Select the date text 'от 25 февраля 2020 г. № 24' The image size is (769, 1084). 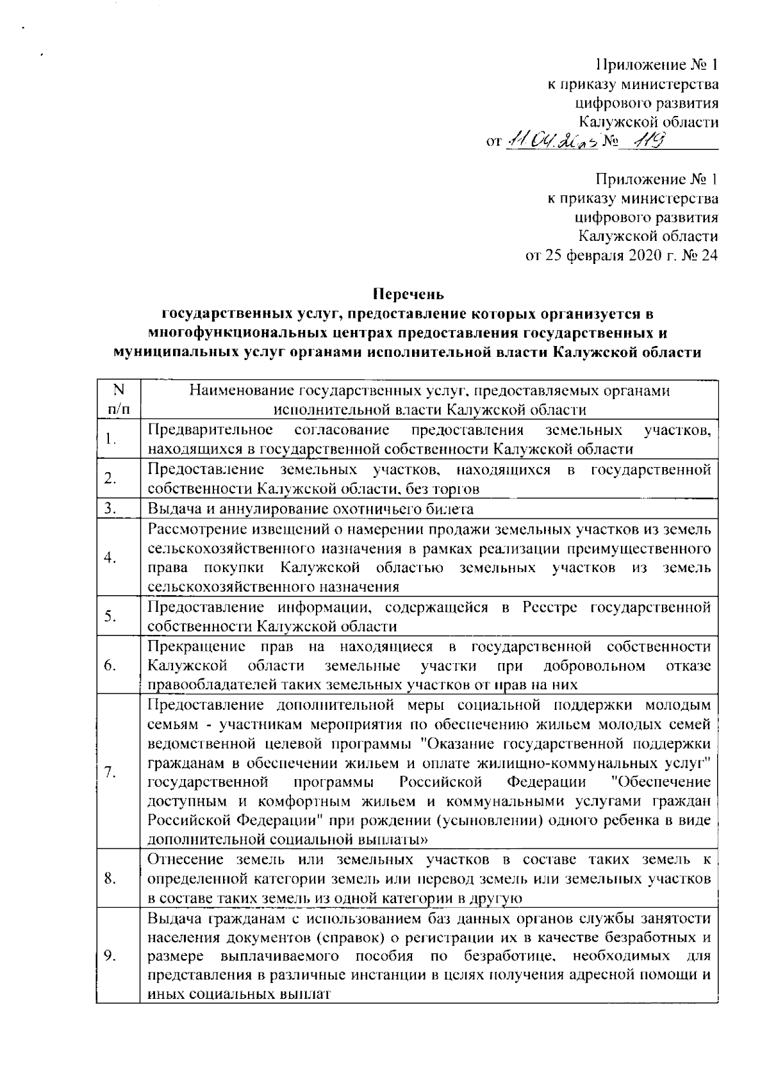coord(621,256)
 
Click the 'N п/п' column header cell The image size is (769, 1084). coord(117,399)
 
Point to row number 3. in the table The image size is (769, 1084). coord(110,509)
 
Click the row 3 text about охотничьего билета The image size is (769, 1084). coord(311,509)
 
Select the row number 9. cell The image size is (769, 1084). coord(110,956)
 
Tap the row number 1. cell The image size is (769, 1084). coord(110,439)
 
